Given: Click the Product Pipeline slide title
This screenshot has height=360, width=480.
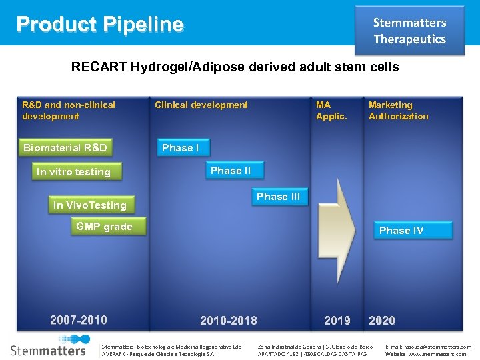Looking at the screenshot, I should tap(100, 25).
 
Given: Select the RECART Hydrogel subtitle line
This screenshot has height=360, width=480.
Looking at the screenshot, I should tap(235, 67).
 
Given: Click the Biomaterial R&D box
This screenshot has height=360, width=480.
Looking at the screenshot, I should tap(65, 147).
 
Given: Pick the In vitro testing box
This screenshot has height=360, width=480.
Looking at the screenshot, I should tap(74, 172).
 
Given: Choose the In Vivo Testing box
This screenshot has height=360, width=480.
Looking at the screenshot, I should tap(90, 205).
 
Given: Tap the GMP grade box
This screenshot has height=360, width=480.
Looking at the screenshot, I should tap(104, 227).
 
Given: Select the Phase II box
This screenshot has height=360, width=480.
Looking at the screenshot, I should tap(231, 171).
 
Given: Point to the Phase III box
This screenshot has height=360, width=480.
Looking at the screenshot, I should tap(279, 197).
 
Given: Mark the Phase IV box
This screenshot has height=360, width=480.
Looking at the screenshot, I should tap(401, 231).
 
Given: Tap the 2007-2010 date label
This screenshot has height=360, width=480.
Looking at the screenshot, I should tap(79, 320).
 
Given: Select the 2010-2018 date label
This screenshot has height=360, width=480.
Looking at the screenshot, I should tap(229, 321).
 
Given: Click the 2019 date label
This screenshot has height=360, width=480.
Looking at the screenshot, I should tap(337, 321).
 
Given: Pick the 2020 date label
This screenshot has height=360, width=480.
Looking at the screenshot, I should tap(382, 321).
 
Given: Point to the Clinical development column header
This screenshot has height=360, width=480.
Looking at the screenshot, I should tap(201, 105).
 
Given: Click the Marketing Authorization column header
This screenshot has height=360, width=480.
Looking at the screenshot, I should tap(399, 110).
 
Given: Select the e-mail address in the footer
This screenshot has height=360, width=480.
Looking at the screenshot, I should tap(428, 347).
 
